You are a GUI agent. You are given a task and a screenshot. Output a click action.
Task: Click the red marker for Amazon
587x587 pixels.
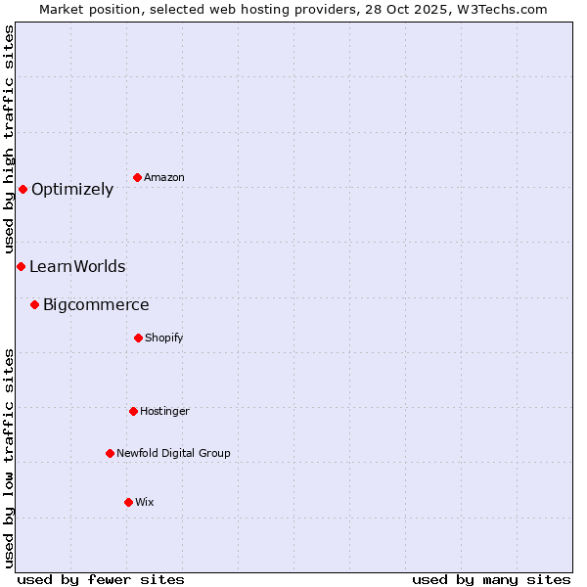pyautogui.click(x=138, y=177)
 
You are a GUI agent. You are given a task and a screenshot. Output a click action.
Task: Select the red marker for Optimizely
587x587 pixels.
pyautogui.click(x=23, y=189)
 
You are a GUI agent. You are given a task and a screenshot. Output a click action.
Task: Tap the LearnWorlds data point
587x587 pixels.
pyautogui.click(x=21, y=266)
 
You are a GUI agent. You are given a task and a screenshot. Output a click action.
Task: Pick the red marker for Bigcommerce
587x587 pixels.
pyautogui.click(x=34, y=304)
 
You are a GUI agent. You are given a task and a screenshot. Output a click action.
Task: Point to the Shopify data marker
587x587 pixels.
pyautogui.click(x=138, y=338)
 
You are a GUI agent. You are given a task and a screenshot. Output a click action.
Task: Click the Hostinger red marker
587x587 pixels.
pyautogui.click(x=133, y=411)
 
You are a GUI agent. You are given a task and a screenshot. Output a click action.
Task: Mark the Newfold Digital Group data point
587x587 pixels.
pyautogui.click(x=110, y=453)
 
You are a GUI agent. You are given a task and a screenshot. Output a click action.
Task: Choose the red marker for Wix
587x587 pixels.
pyautogui.click(x=128, y=502)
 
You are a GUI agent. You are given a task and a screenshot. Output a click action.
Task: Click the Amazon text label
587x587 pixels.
pyautogui.click(x=164, y=177)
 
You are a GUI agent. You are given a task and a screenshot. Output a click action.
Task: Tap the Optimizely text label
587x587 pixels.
pyautogui.click(x=72, y=190)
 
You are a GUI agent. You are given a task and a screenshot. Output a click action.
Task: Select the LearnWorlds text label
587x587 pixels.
pyautogui.click(x=77, y=266)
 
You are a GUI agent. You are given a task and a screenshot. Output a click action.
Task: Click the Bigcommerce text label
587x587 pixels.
pyautogui.click(x=96, y=305)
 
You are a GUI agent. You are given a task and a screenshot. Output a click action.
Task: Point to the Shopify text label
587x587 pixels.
pyautogui.click(x=164, y=338)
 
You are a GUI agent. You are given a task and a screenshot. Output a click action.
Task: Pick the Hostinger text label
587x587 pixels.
pyautogui.click(x=164, y=411)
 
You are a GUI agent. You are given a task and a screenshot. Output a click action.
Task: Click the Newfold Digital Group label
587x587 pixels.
pyautogui.click(x=173, y=453)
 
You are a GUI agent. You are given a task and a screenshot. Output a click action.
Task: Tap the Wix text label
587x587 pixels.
pyautogui.click(x=145, y=502)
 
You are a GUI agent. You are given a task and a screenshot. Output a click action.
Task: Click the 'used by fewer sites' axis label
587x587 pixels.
pyautogui.click(x=101, y=579)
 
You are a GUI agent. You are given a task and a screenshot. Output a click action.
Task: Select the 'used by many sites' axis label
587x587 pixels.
pyautogui.click(x=491, y=579)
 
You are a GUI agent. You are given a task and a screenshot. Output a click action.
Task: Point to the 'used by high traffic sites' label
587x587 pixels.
pyautogui.click(x=9, y=140)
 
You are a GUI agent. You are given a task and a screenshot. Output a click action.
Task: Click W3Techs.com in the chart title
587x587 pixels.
pyautogui.click(x=498, y=9)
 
